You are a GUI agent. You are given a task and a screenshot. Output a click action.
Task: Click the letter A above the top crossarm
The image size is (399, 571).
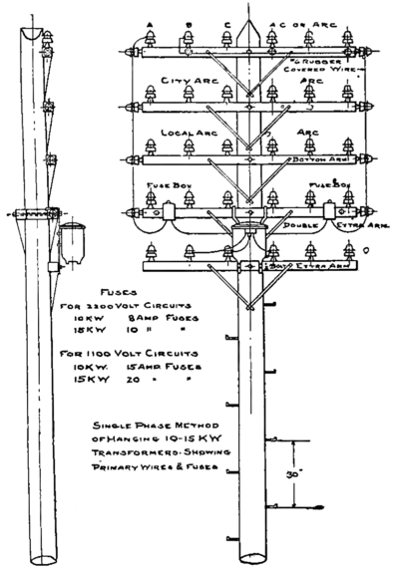pyautogui.click(x=149, y=23)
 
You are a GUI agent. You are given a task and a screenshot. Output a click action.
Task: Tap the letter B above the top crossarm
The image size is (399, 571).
pyautogui.click(x=188, y=23)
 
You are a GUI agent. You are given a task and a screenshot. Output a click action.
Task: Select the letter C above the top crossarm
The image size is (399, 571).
pyautogui.click(x=227, y=23)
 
